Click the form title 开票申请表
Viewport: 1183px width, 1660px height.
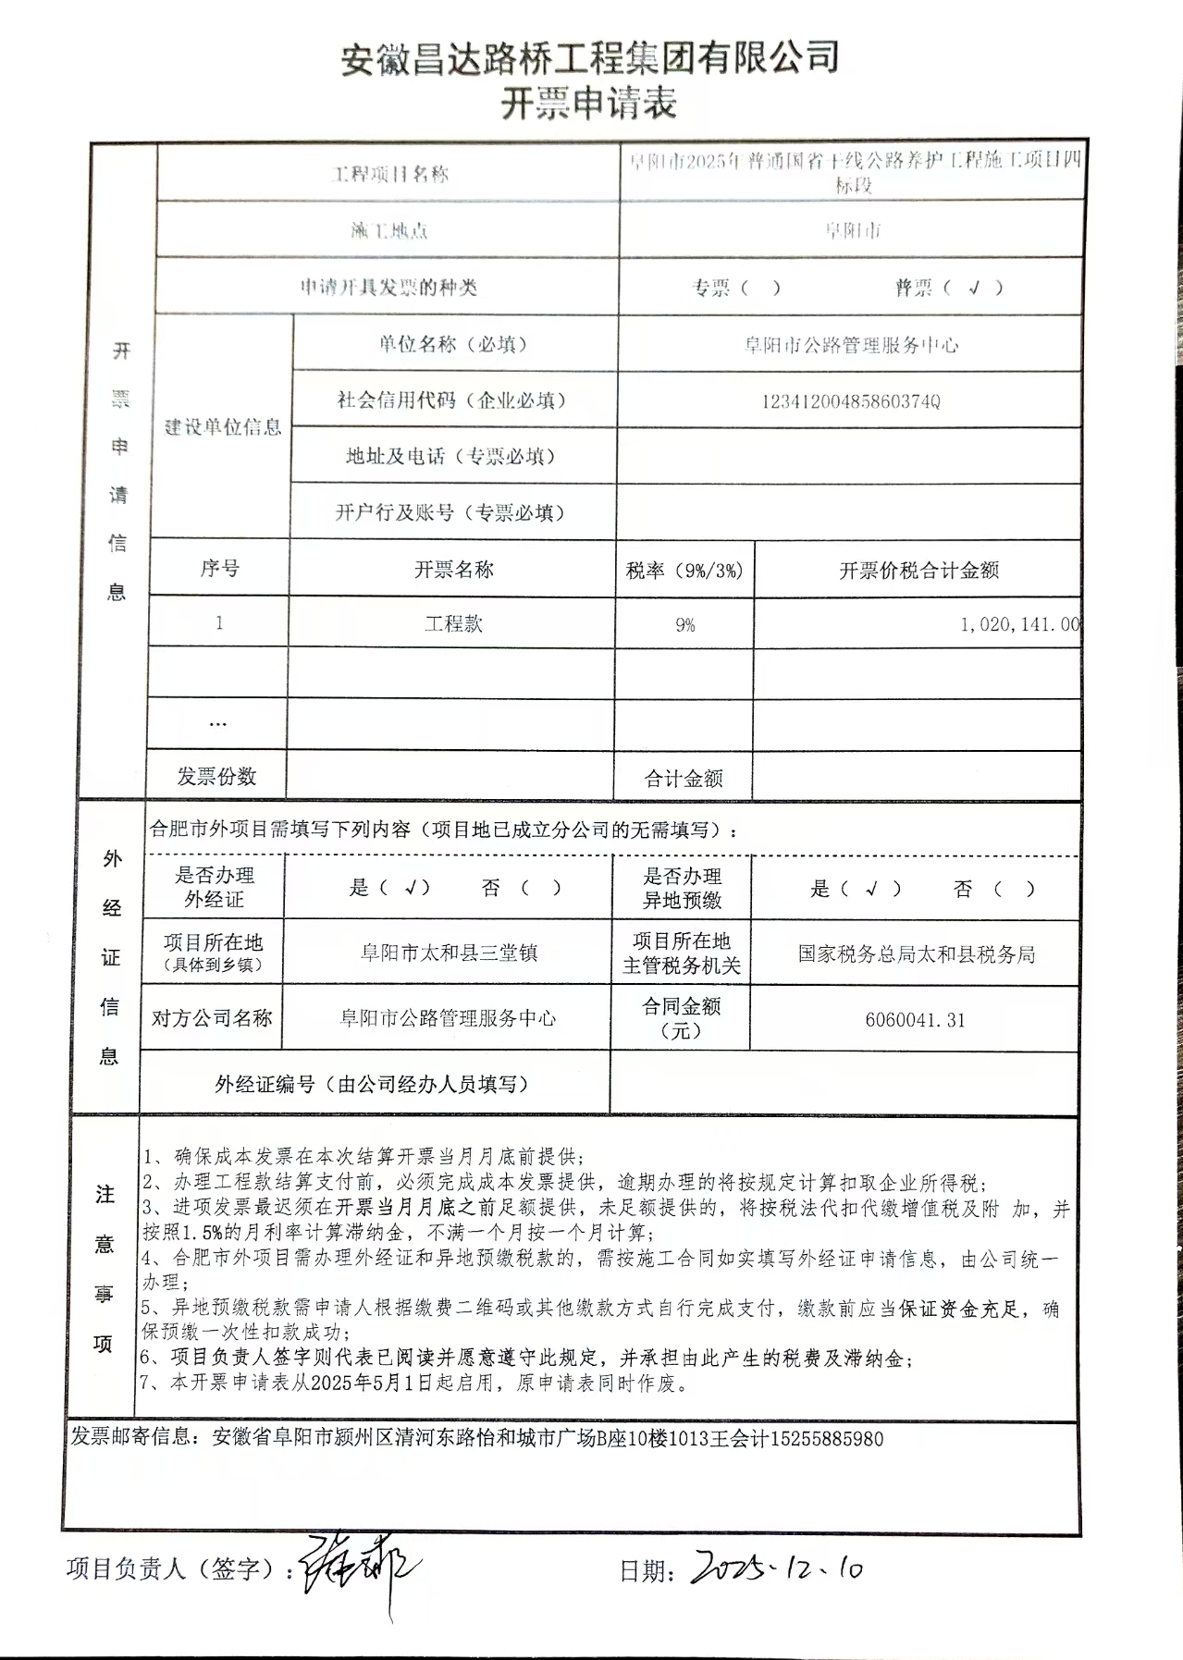point(589,104)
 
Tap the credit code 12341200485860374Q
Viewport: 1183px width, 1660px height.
point(850,401)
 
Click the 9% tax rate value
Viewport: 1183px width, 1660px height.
point(684,625)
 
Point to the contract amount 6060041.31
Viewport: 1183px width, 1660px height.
point(915,1020)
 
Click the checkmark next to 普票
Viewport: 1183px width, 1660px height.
point(973,288)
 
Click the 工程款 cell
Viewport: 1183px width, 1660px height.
point(453,624)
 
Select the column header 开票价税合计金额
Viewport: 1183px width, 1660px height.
point(918,571)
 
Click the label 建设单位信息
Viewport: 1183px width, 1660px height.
point(223,426)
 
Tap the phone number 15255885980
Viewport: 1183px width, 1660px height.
point(827,1439)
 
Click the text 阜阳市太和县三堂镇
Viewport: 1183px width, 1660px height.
point(449,953)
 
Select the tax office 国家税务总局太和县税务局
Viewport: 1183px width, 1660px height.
point(916,954)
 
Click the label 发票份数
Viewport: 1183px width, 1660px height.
point(216,777)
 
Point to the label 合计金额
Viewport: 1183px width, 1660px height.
point(684,779)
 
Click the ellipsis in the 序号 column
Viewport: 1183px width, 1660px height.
point(218,723)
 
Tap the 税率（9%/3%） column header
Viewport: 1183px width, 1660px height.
point(684,571)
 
